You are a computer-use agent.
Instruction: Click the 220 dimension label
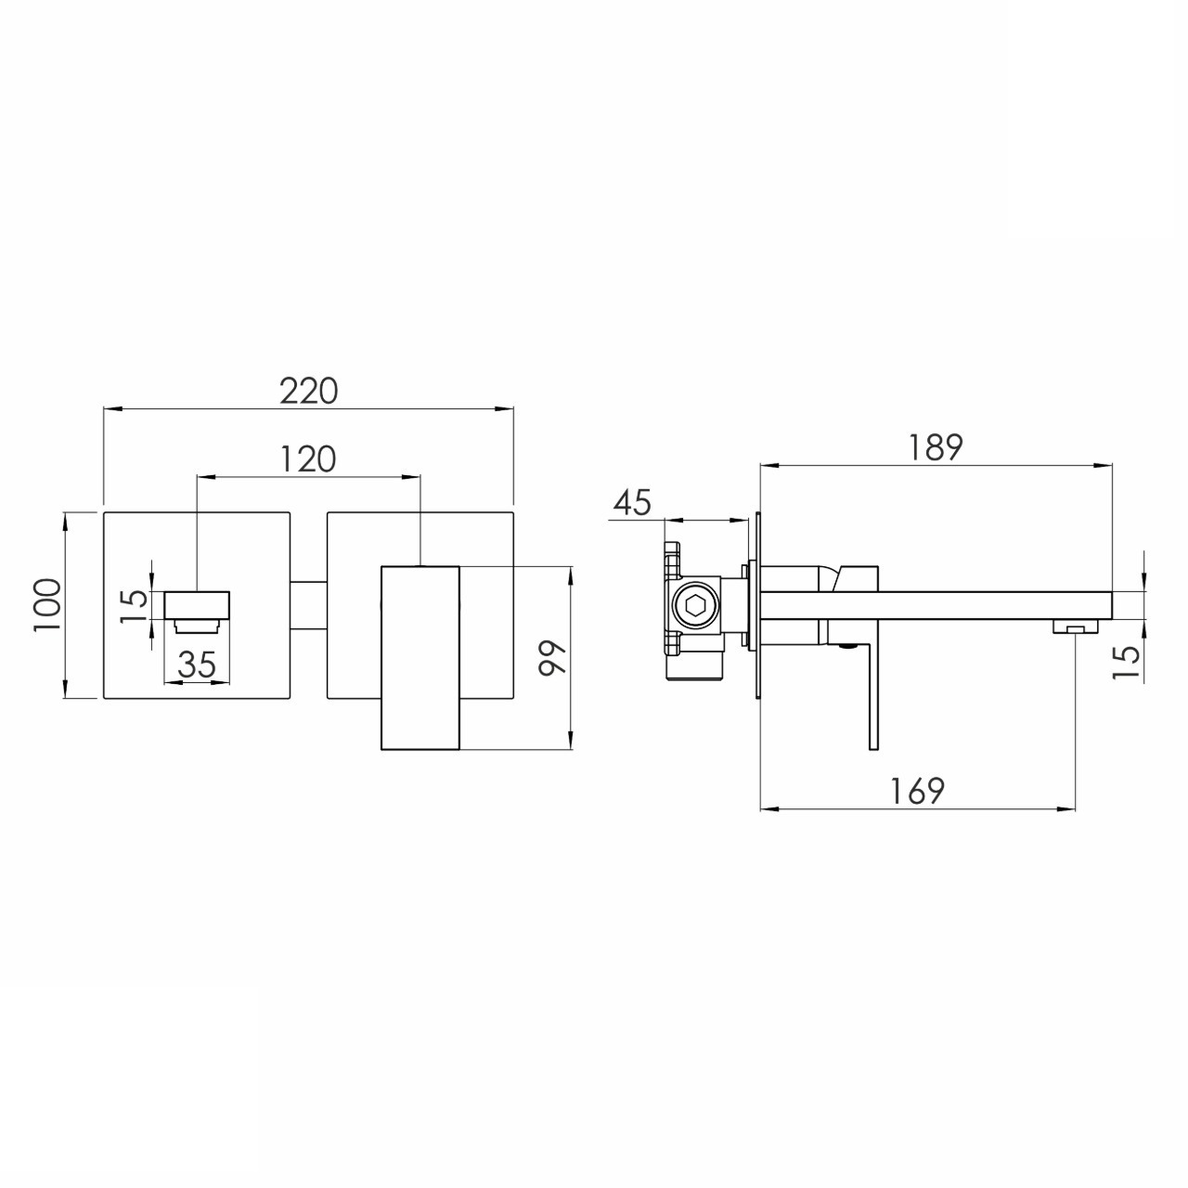coord(309,391)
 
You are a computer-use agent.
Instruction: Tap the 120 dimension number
coord(308,459)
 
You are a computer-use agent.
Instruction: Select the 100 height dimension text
coord(48,605)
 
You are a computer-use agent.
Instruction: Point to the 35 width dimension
coord(198,664)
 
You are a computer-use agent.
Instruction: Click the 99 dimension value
coord(552,658)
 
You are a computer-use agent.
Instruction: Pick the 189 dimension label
coord(936,447)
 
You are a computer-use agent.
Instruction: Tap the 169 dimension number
coord(918,791)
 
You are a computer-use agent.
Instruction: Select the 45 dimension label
coord(633,502)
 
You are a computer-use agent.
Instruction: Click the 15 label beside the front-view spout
coord(135,605)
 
